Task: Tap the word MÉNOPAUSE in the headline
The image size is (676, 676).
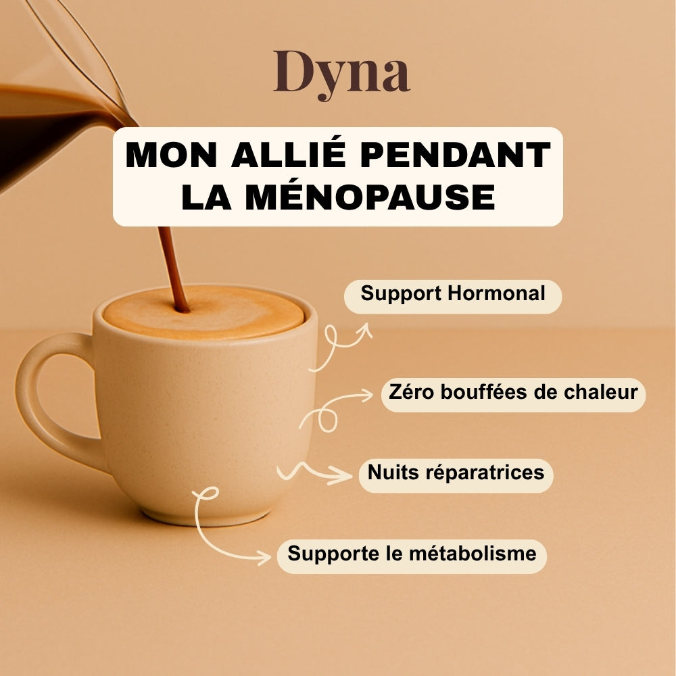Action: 369,195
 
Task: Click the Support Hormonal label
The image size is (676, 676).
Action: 453,294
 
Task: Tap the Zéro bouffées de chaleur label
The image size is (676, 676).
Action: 513,392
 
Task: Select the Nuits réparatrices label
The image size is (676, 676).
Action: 456,473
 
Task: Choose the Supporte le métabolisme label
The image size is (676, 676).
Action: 412,554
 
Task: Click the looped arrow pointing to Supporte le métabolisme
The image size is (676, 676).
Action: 223,527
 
